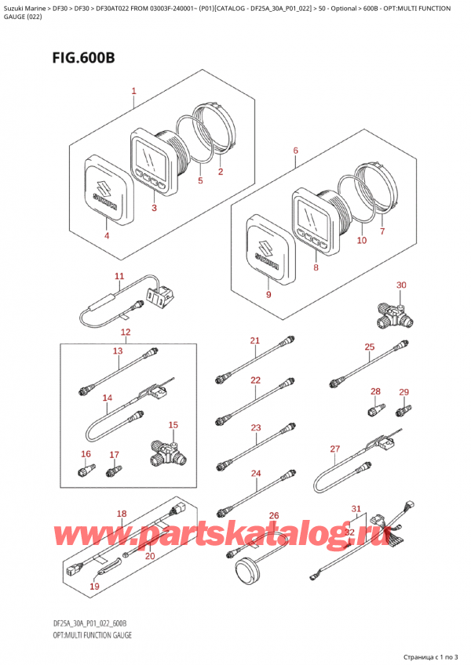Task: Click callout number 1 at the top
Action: [134, 92]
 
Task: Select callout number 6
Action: [295, 151]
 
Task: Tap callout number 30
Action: [401, 285]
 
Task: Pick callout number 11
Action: [119, 276]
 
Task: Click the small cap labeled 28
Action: [375, 409]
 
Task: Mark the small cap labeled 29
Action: [404, 409]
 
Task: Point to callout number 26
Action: [274, 515]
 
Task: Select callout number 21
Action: [254, 340]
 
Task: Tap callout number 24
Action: [255, 473]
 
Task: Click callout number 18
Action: [121, 514]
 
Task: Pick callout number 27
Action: [334, 449]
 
